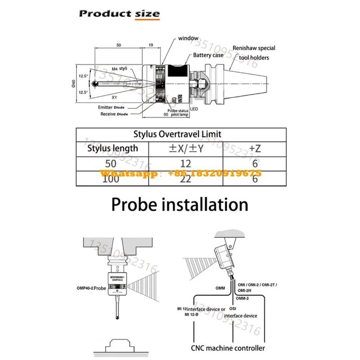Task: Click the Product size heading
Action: (x=119, y=13)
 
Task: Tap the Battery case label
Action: (x=208, y=55)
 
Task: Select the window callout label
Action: (x=188, y=39)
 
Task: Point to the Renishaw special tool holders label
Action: (x=254, y=53)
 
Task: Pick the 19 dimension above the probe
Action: (x=150, y=45)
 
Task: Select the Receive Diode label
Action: (x=114, y=114)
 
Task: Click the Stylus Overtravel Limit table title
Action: (x=177, y=134)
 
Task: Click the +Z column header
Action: (x=255, y=148)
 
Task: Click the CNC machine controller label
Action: (x=228, y=348)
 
